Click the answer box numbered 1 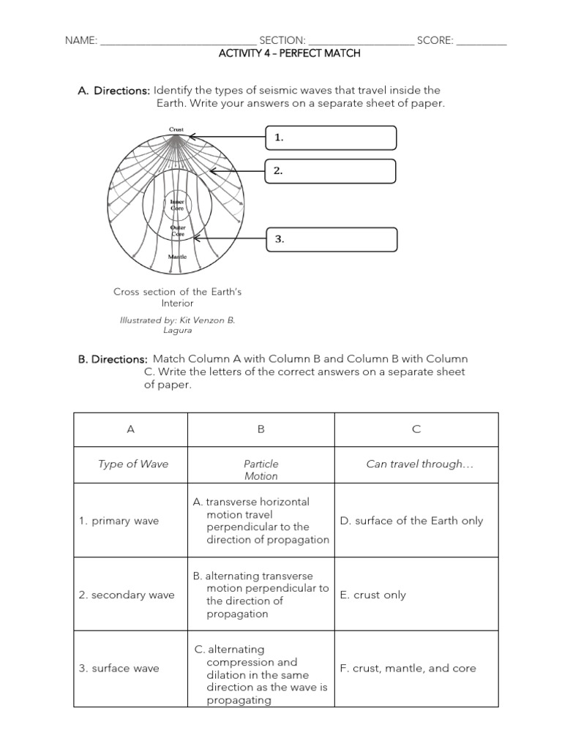pyautogui.click(x=331, y=138)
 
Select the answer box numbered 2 pyautogui.click(x=331, y=170)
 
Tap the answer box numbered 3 pyautogui.click(x=331, y=239)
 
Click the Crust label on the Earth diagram pyautogui.click(x=176, y=129)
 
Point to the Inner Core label pyautogui.click(x=177, y=204)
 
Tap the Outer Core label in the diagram pyautogui.click(x=178, y=230)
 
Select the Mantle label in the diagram pyautogui.click(x=178, y=257)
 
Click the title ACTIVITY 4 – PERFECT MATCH pyautogui.click(x=290, y=53)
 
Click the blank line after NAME pyautogui.click(x=178, y=41)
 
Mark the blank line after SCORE pyautogui.click(x=482, y=41)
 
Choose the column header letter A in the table pyautogui.click(x=131, y=429)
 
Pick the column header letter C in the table pyautogui.click(x=416, y=429)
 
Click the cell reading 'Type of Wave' pyautogui.click(x=133, y=464)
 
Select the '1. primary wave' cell pyautogui.click(x=119, y=521)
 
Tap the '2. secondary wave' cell pyautogui.click(x=126, y=595)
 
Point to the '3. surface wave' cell pyautogui.click(x=119, y=668)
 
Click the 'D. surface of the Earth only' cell pyautogui.click(x=411, y=521)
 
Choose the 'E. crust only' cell pyautogui.click(x=372, y=595)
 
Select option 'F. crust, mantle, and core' pyautogui.click(x=408, y=668)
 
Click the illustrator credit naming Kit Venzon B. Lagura pyautogui.click(x=177, y=325)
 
